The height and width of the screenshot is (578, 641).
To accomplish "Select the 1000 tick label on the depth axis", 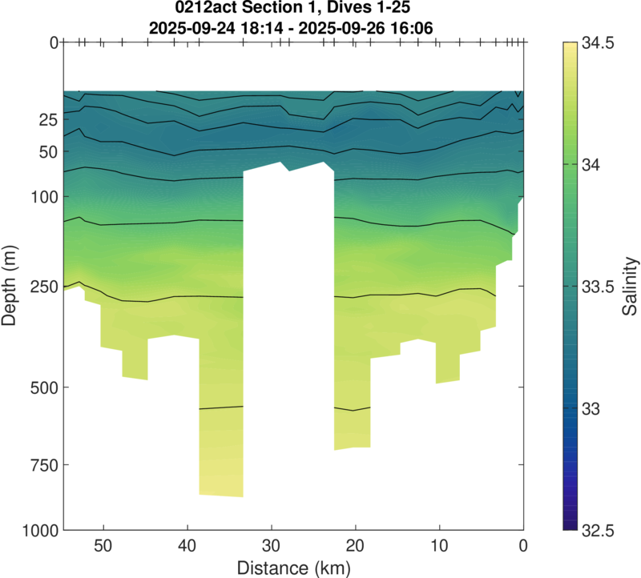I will (x=37, y=530).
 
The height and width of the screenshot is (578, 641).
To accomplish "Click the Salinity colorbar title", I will (x=631, y=286).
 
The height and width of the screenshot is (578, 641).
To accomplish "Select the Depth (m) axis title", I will (x=10, y=286).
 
